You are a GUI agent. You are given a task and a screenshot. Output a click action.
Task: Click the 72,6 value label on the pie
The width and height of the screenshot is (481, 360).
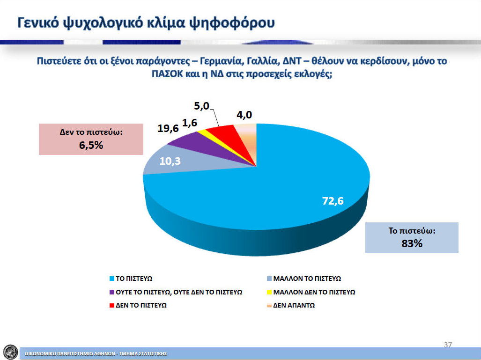click(333, 201)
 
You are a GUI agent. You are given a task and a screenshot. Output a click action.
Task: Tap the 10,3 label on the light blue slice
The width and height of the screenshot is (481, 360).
click(170, 161)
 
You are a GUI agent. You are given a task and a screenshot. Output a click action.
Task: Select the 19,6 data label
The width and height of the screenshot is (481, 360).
click(168, 128)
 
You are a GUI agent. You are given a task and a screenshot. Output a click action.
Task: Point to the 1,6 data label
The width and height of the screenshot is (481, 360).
click(190, 123)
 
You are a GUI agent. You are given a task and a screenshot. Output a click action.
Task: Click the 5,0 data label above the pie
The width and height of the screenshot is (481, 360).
click(201, 106)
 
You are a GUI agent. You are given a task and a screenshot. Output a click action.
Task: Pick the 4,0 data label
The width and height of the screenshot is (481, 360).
click(244, 115)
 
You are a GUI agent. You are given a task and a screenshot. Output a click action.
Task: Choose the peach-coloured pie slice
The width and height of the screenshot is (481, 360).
click(248, 135)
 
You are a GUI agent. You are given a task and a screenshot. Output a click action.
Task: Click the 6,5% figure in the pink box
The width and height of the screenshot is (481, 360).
click(91, 145)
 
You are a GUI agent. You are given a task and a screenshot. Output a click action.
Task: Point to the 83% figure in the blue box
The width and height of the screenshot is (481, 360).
click(412, 243)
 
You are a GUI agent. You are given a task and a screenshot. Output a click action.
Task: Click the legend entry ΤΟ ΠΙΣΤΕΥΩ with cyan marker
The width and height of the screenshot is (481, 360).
click(131, 279)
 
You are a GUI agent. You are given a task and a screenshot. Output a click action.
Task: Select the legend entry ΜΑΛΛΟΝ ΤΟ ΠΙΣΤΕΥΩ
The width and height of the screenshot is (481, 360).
click(304, 279)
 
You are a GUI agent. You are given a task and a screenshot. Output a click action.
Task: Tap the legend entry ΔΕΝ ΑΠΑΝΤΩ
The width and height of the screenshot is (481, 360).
click(291, 305)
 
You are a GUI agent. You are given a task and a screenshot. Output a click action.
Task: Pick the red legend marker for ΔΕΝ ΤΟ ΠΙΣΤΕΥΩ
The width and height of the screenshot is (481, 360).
click(112, 305)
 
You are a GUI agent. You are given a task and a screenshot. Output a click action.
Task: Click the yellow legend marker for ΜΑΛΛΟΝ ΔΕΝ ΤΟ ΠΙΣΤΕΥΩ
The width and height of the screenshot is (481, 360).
click(269, 292)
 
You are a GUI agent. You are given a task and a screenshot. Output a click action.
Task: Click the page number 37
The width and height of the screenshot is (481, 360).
click(448, 345)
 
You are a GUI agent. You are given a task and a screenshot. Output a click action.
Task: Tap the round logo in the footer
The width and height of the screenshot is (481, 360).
click(10, 352)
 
